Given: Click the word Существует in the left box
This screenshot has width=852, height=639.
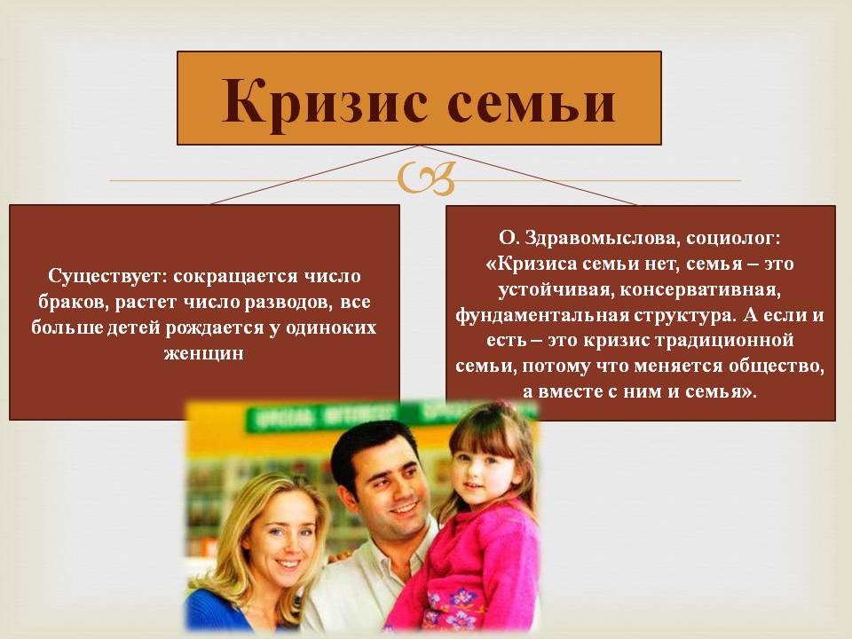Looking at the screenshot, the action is click(x=107, y=277).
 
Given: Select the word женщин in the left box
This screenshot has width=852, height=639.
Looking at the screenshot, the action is click(x=204, y=354).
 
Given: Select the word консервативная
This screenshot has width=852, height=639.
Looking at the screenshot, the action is click(x=700, y=289).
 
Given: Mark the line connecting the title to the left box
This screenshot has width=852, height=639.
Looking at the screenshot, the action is click(x=313, y=175).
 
